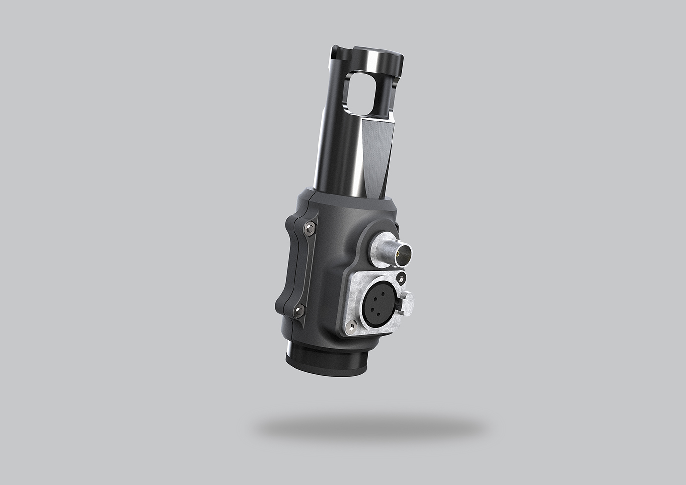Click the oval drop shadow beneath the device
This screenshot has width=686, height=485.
point(370,426)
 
